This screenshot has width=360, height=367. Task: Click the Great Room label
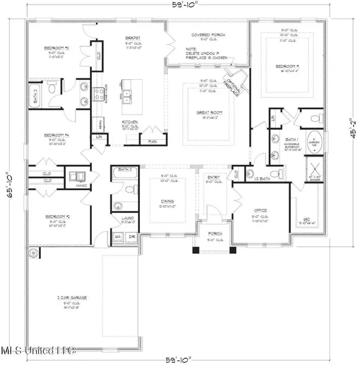click(x=210, y=112)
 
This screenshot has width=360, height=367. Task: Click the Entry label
click(x=214, y=178)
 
